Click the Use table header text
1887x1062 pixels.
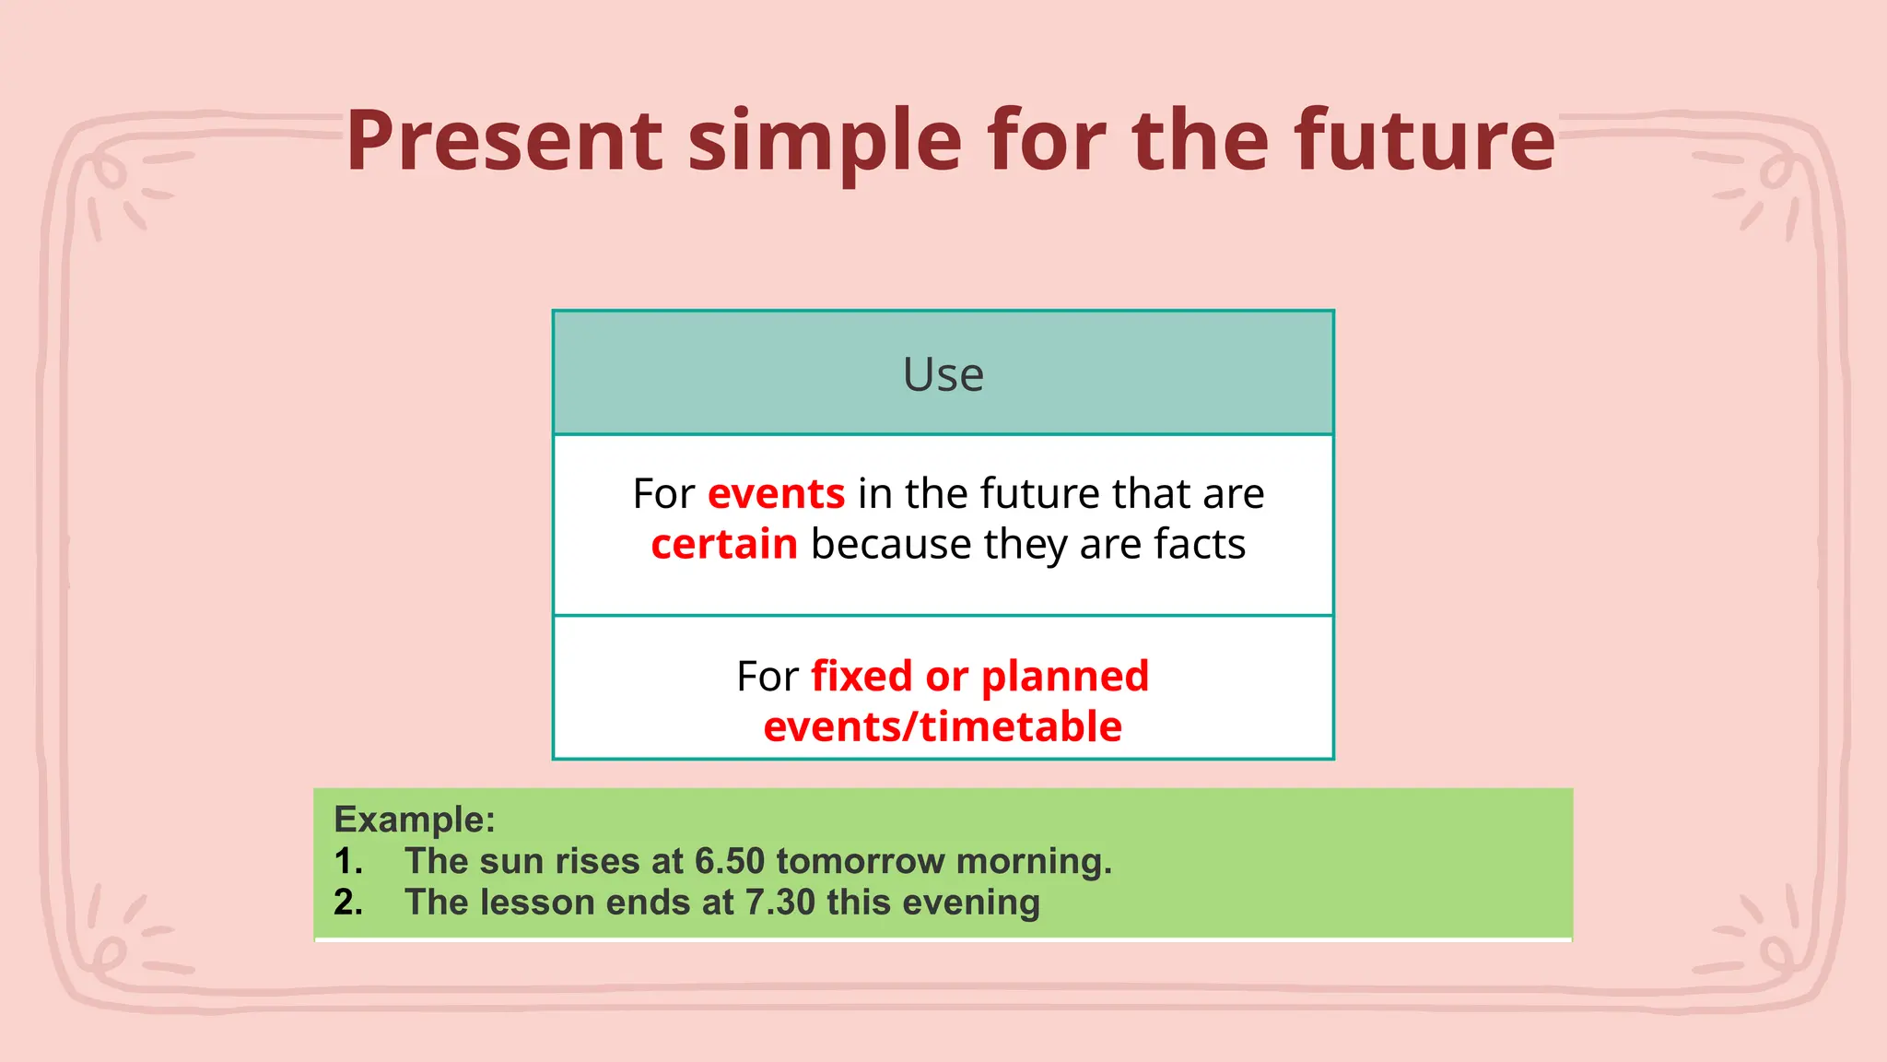coord(943,374)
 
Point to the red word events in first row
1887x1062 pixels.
coord(776,494)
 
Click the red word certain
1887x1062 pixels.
coord(724,545)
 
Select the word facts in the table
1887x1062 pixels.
coord(1200,545)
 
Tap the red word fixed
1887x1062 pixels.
coord(861,677)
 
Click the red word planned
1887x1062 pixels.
coord(1065,677)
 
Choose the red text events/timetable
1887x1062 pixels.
coord(943,727)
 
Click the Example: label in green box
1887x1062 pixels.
coord(415,820)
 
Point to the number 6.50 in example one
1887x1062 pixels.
coord(730,861)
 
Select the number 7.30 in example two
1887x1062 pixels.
coord(780,903)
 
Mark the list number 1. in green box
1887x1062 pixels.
coord(348,861)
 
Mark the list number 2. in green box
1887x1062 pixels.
coord(348,903)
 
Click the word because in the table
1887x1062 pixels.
coord(891,545)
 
